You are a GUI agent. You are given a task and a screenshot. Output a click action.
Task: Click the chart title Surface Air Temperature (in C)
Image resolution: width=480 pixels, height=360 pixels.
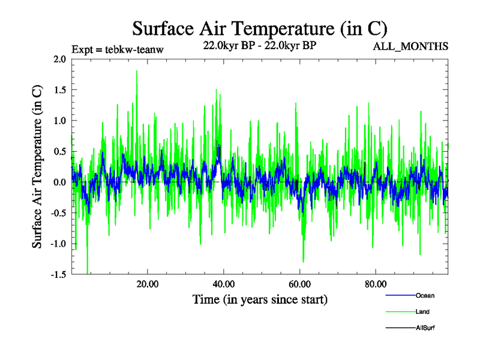[259, 28]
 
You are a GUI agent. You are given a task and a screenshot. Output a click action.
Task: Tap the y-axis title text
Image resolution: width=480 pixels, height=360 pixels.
[37, 167]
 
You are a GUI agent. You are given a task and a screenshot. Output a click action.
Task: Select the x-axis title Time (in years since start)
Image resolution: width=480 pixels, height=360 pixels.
[260, 299]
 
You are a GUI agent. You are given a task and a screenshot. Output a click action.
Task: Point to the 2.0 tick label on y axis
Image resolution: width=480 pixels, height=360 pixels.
[59, 59]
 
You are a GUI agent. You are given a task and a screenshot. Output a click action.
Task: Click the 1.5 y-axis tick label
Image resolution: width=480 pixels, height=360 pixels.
[59, 90]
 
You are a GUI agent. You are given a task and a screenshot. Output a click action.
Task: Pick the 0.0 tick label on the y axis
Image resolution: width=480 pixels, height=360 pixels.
[59, 182]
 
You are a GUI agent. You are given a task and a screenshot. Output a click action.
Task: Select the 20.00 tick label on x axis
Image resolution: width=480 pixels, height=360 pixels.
[147, 284]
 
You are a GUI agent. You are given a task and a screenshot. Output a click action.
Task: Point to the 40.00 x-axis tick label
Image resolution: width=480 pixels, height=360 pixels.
[223, 284]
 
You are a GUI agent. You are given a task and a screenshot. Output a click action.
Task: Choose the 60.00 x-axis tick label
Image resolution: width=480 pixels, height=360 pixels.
[299, 284]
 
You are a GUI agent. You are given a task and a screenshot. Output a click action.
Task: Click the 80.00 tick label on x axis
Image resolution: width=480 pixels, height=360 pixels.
[375, 284]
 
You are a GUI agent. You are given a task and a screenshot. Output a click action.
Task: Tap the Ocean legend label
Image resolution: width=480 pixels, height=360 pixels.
[425, 295]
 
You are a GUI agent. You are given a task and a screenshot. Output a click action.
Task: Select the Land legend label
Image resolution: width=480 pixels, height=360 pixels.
[422, 312]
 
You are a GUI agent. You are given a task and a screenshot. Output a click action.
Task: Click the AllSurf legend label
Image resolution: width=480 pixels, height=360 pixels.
[425, 328]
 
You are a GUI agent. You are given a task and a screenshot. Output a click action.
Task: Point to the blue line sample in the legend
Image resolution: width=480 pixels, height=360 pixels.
[400, 295]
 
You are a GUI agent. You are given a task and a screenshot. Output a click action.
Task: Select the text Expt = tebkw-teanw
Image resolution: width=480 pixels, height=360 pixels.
[117, 49]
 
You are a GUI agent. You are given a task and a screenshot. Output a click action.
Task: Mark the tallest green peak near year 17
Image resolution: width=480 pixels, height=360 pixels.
[137, 71]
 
